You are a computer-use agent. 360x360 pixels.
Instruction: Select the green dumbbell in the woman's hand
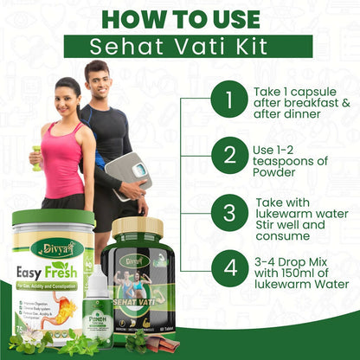(x=35, y=158)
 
